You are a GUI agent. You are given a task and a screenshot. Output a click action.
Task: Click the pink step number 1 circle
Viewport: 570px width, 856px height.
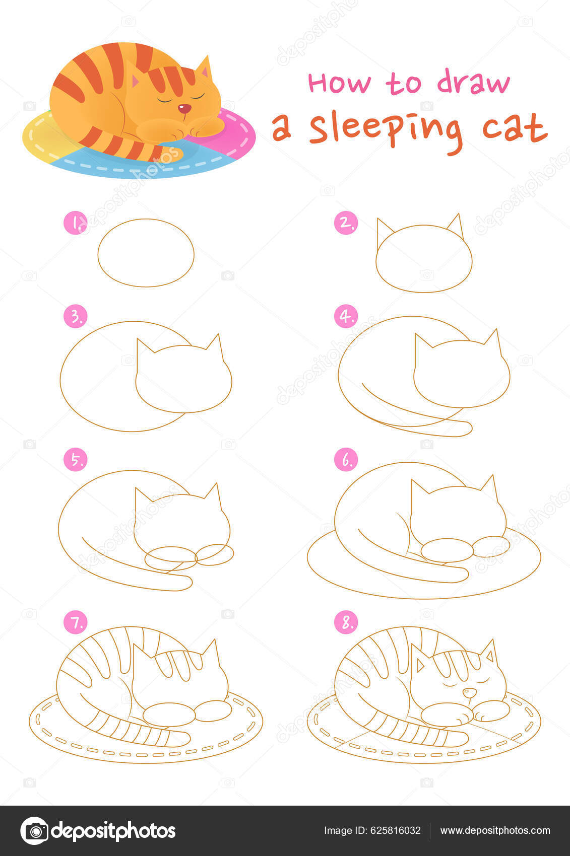tap(76, 223)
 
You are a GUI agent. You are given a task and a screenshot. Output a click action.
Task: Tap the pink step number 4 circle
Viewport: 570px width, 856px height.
tap(346, 316)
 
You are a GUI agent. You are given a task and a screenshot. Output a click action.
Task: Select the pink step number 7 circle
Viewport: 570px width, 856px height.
tap(76, 623)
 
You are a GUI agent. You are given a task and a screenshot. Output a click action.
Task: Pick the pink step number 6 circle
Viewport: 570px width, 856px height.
tap(346, 460)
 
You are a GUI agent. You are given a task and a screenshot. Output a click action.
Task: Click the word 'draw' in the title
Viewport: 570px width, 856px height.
tap(473, 83)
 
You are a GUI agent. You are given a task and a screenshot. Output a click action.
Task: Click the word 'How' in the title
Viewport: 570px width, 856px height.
tap(339, 84)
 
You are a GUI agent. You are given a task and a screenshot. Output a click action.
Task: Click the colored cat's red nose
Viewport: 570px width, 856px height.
tap(185, 108)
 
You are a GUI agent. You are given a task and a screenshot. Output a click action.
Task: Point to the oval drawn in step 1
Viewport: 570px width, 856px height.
tap(146, 253)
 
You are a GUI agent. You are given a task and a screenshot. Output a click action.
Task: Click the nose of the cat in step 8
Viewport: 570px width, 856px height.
tap(469, 693)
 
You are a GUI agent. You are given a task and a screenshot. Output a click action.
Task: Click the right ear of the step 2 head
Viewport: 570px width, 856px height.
tap(456, 225)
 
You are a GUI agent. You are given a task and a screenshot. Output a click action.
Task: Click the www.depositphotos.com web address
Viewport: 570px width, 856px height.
tap(495, 830)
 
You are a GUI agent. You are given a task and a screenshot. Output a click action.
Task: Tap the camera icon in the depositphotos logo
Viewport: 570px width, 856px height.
tap(34, 830)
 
